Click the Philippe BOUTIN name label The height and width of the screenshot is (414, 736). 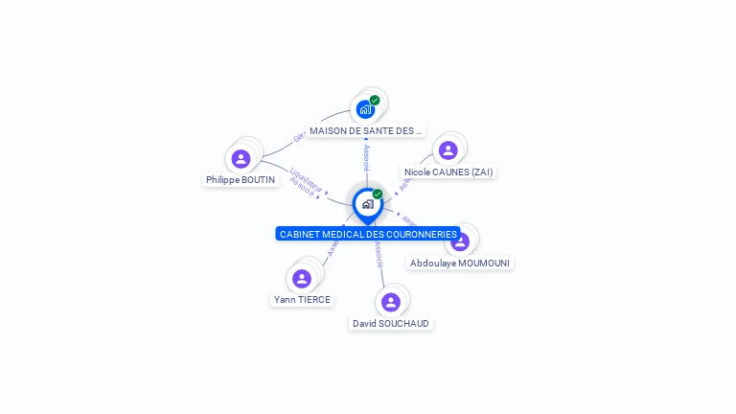point(241,179)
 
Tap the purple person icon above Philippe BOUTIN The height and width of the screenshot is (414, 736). point(241,158)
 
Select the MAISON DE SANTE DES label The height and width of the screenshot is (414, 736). point(366,130)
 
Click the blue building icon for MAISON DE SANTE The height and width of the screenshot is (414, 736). point(365,109)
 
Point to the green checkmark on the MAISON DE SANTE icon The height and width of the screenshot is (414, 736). point(375,100)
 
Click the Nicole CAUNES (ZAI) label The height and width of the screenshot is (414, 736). point(448,172)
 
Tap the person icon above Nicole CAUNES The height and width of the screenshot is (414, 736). point(448,150)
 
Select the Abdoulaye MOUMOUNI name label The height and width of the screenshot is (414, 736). point(460,263)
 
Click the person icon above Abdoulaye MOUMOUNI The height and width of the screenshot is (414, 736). point(460,241)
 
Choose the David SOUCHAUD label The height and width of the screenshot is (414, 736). point(391,323)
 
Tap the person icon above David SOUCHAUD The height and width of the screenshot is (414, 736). point(390,302)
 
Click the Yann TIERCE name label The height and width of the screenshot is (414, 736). point(302,299)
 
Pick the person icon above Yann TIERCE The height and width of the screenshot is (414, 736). point(302,278)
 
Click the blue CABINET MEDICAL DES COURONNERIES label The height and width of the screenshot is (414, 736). point(368,234)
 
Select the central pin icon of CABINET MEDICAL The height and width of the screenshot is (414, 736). point(367,204)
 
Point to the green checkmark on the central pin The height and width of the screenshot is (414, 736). point(378,194)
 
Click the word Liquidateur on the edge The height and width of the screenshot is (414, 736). point(306,178)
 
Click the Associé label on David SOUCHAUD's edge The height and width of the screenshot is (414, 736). point(379,254)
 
